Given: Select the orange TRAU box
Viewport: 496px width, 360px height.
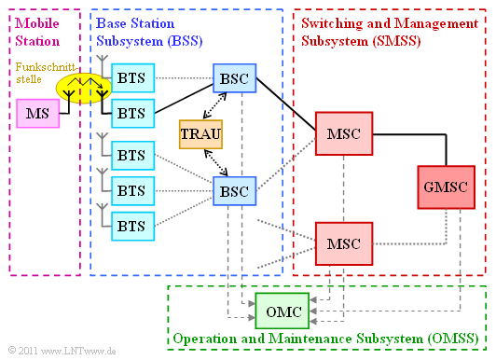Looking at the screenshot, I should click(200, 134).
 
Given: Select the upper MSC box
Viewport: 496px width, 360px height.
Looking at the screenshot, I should click(343, 133).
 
